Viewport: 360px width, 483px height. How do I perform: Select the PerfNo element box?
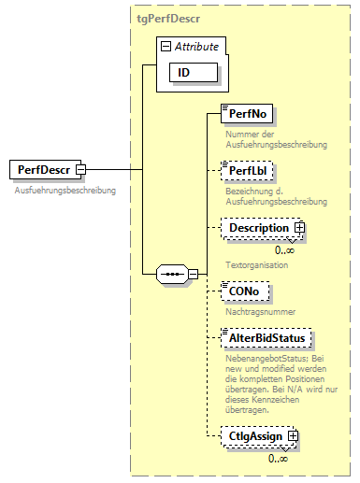[x=246, y=115]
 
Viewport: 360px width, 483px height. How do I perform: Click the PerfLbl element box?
[x=245, y=172]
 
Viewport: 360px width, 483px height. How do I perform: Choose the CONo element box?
[x=245, y=292]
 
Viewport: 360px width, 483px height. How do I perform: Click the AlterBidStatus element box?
[x=264, y=336]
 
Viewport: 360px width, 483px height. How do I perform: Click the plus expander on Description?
[x=299, y=228]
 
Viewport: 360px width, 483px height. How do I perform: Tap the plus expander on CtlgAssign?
[x=293, y=435]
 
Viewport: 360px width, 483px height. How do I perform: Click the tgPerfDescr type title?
[x=167, y=18]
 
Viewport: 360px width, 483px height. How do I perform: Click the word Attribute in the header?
[x=196, y=45]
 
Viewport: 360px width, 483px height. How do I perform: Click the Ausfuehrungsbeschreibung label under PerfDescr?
[x=65, y=191]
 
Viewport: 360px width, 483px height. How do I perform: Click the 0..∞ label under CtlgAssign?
[x=279, y=458]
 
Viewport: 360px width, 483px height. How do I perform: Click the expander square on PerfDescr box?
[x=80, y=169]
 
